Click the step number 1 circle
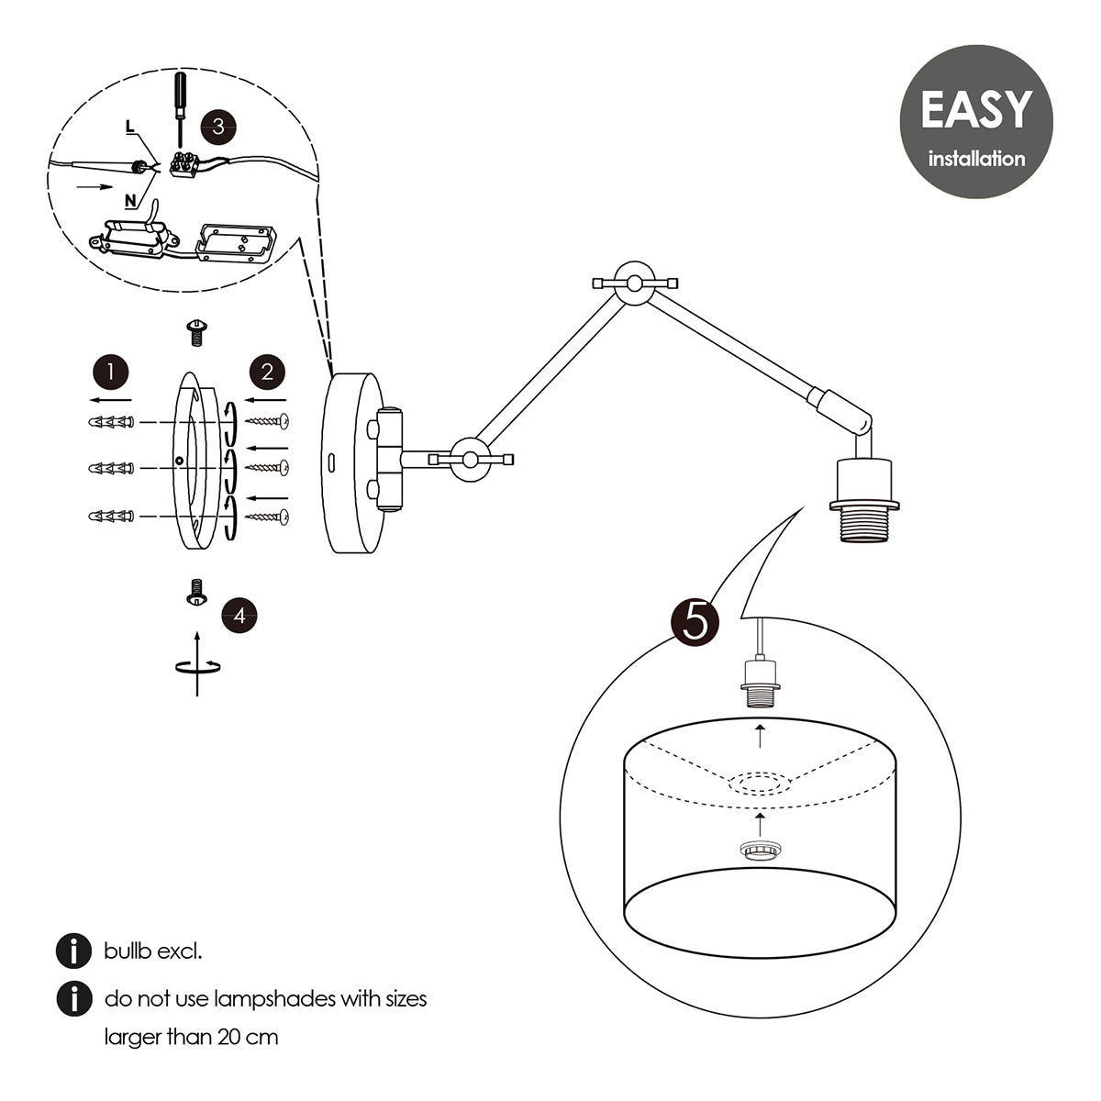[x=111, y=372]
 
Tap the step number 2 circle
[x=267, y=372]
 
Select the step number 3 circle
[x=217, y=126]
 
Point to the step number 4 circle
[x=239, y=615]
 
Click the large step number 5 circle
[x=695, y=622]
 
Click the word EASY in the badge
[x=975, y=109]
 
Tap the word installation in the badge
[x=976, y=159]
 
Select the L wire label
[x=130, y=128]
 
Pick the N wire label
[x=130, y=198]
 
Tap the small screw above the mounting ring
[x=195, y=331]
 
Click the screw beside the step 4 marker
[x=195, y=592]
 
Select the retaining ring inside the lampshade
[x=759, y=851]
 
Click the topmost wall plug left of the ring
[x=111, y=421]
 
